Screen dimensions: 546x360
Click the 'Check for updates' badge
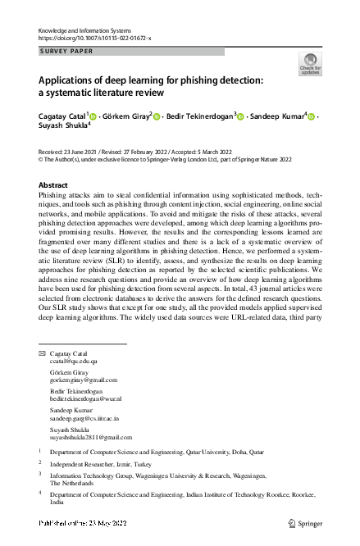[310, 64]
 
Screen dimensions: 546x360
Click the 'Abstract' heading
[53, 185]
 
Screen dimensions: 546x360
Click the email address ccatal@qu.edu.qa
[74, 361]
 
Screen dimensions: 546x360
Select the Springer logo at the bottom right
[307, 522]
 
